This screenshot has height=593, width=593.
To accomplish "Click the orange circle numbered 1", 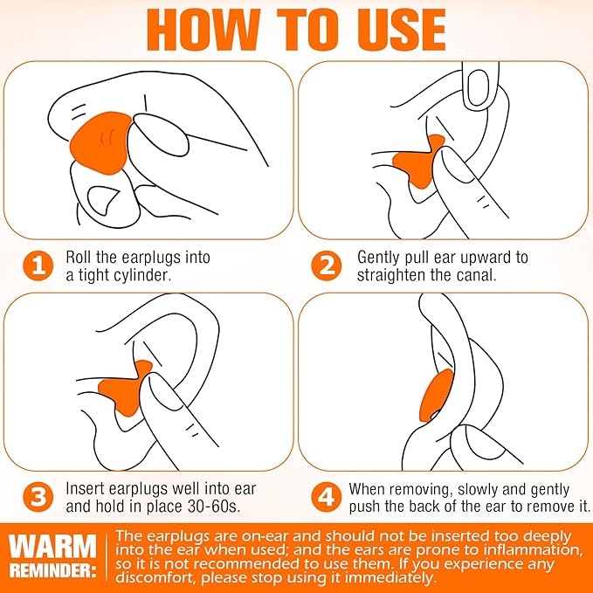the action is click(x=38, y=265).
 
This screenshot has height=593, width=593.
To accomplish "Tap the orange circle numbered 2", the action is click(x=327, y=265).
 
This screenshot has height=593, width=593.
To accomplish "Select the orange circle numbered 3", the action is click(x=38, y=497).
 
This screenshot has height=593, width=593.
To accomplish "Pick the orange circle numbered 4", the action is click(x=327, y=497).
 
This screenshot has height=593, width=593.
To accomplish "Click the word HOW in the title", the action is click(x=203, y=30).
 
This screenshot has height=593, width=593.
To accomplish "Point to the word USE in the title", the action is click(x=402, y=30).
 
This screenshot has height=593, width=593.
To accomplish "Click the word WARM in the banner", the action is click(x=52, y=546).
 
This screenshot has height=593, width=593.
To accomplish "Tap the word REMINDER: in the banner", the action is click(x=52, y=570).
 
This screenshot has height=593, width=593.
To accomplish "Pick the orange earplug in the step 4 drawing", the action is click(x=436, y=396).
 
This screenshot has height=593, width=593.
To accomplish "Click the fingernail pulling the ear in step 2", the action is click(x=478, y=87).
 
